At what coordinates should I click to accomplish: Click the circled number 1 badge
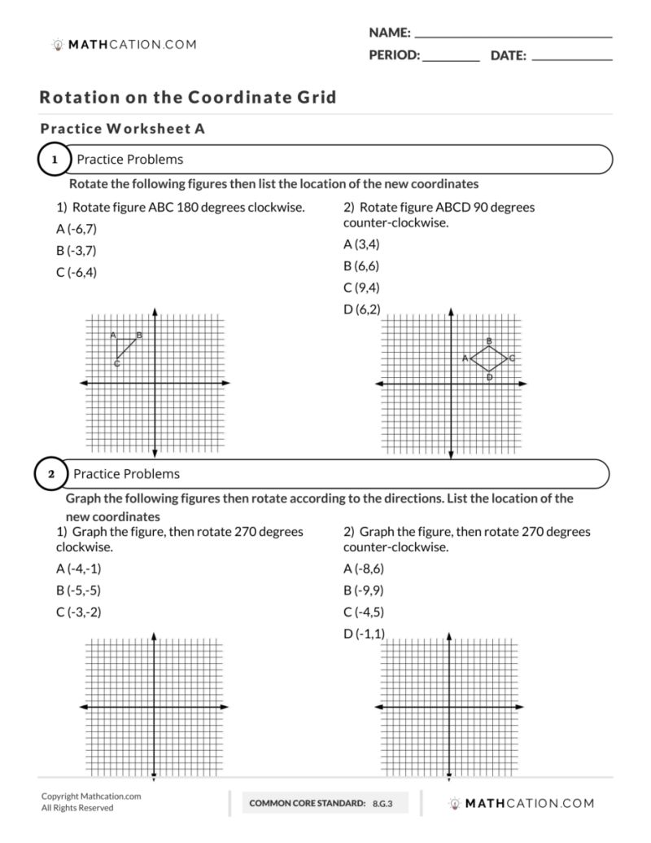(x=55, y=160)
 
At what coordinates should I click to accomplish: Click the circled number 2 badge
(x=51, y=474)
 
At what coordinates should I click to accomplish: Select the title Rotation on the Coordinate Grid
(x=188, y=98)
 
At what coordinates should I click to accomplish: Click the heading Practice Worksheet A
(x=122, y=129)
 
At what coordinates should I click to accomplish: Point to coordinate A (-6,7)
(x=76, y=229)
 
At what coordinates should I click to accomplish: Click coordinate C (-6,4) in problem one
(x=76, y=273)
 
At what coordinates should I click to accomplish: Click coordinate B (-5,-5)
(x=78, y=591)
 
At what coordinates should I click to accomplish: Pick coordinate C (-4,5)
(x=363, y=612)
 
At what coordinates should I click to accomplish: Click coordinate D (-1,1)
(x=363, y=634)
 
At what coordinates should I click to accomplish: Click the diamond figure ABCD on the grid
(x=489, y=358)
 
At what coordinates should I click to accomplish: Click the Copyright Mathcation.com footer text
(x=91, y=797)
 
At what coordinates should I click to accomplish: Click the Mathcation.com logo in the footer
(x=521, y=803)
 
